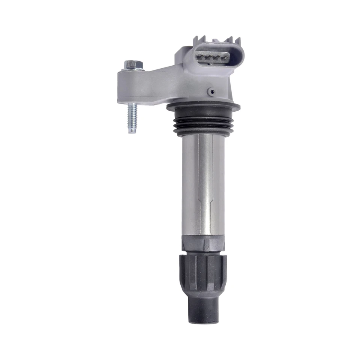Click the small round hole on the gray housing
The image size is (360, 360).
(x=212, y=91)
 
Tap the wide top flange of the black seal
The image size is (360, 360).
(x=203, y=107)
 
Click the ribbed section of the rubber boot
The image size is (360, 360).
(x=203, y=274)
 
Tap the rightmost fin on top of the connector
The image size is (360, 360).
(x=237, y=41)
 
